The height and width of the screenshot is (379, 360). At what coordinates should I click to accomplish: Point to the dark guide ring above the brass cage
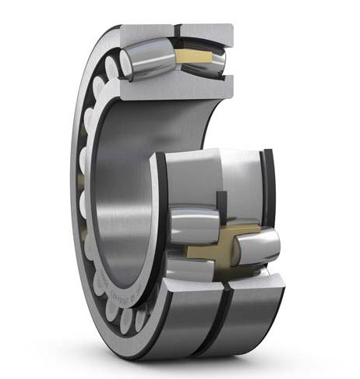(x=221, y=203)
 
